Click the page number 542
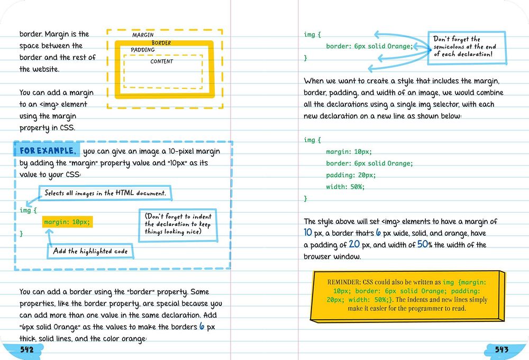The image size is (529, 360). [x=26, y=349]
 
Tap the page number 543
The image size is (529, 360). [x=501, y=349]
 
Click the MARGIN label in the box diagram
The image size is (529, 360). [x=143, y=35]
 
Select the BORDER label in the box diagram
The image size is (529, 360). [x=161, y=43]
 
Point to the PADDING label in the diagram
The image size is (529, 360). [x=143, y=50]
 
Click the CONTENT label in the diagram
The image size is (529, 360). [x=162, y=62]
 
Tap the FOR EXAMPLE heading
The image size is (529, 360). [x=48, y=151]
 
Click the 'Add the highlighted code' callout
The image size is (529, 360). [x=90, y=251]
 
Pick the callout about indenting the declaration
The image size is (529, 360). [x=178, y=224]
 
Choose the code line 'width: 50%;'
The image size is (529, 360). [x=345, y=187]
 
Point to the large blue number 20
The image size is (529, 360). [x=354, y=244]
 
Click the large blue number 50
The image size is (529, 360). [x=423, y=244]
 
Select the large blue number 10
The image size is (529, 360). [x=308, y=233]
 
